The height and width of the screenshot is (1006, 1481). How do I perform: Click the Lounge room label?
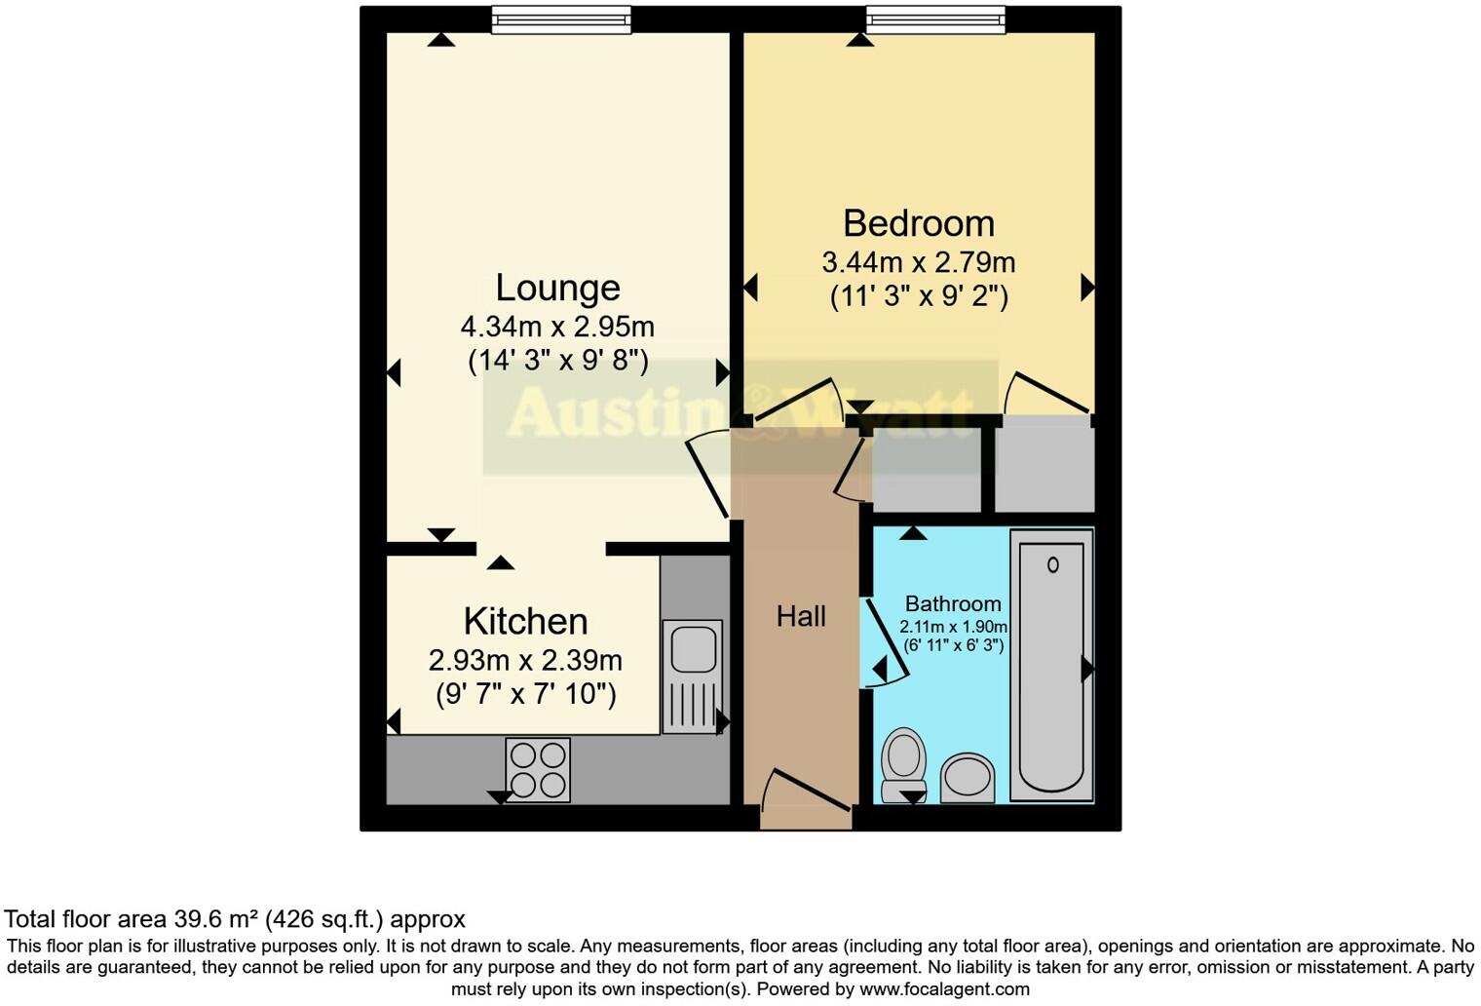(557, 288)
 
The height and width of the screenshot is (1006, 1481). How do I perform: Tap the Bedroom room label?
(918, 223)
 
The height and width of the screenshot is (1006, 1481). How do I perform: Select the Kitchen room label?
(525, 621)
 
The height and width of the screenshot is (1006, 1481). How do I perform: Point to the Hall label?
(801, 616)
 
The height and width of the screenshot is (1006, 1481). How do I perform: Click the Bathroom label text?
(952, 603)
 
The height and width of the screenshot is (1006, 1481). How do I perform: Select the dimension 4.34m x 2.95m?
(557, 326)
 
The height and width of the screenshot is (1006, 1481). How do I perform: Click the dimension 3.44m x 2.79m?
(918, 262)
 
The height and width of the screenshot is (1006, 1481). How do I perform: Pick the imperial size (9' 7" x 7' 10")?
(525, 694)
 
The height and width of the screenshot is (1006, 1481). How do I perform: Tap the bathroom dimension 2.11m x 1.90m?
(952, 627)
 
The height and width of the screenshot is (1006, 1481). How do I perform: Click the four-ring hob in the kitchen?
(538, 770)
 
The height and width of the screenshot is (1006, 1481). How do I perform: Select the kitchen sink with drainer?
(694, 677)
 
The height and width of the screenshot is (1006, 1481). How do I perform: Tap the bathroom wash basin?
(967, 778)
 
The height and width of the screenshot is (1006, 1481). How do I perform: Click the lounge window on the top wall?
(560, 19)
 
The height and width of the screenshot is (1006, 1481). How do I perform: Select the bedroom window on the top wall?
(934, 19)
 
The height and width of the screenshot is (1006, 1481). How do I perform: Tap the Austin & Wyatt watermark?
(740, 413)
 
